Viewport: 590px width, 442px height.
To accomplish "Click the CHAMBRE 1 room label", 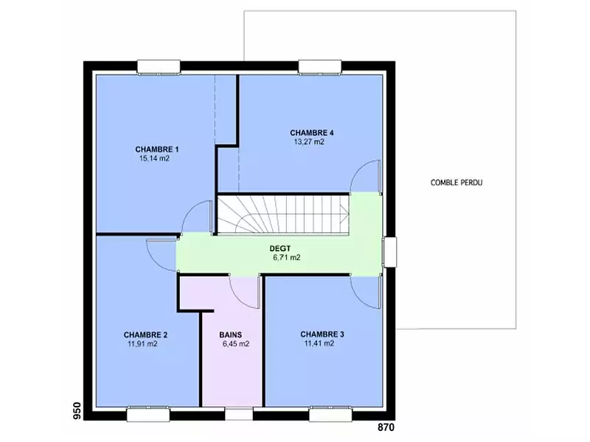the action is (157, 150).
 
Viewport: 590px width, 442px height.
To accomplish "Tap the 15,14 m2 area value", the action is (154, 158).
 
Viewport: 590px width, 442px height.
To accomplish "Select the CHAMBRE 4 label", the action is (311, 133).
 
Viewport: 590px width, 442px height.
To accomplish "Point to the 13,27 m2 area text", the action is (309, 142).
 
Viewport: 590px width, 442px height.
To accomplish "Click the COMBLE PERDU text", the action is (457, 183).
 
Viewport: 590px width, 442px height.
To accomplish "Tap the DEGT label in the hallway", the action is (280, 249).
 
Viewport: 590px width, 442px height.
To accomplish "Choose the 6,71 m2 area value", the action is (287, 258).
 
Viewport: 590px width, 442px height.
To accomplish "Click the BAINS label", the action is (231, 334).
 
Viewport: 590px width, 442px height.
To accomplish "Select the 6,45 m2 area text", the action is (236, 344).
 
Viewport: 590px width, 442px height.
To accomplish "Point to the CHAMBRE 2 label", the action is (145, 335).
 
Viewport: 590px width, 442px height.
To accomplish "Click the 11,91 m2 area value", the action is (142, 344).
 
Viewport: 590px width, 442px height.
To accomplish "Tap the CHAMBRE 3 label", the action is (322, 334).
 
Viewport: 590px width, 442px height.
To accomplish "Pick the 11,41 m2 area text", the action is (319, 343).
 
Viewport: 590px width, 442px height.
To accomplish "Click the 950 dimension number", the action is (77, 411).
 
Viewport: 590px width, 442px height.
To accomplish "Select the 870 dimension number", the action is (386, 427).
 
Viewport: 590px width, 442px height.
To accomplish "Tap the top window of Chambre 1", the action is (159, 67).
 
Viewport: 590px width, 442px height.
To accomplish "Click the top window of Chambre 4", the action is (320, 67).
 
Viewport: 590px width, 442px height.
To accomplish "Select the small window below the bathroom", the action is (239, 414).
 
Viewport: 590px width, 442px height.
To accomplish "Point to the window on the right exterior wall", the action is (390, 252).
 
